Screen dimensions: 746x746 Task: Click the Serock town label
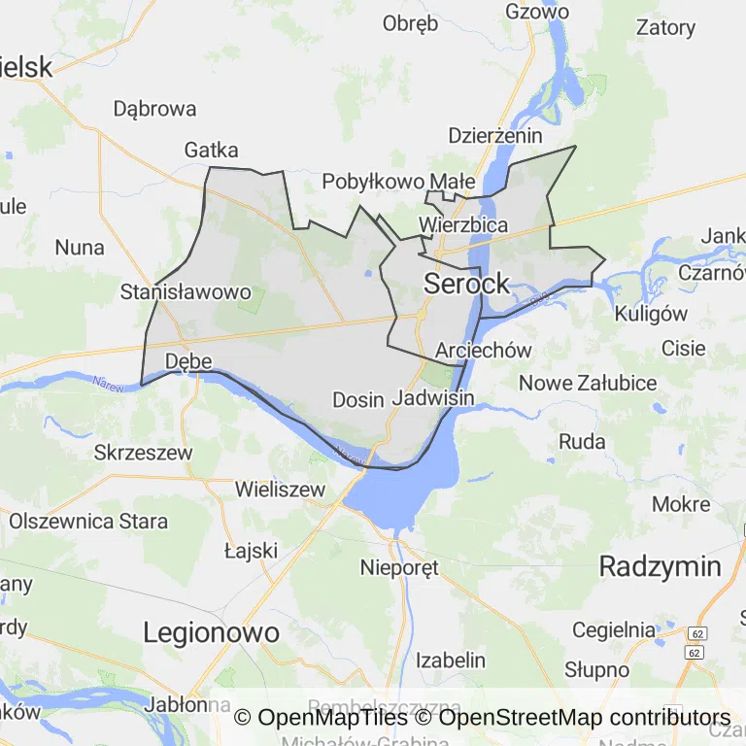466,284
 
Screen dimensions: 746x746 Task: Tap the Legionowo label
211,633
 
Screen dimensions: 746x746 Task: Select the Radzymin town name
660,567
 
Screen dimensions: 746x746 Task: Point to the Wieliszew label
280,490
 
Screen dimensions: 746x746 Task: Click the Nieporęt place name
399,566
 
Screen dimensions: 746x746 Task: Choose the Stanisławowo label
186,291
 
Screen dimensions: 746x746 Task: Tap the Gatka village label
211,150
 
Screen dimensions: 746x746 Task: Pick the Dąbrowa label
154,109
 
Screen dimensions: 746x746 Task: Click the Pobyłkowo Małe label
398,181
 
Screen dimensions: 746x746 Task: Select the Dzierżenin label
495,136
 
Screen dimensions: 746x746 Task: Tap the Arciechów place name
485,351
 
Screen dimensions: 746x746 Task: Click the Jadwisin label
433,398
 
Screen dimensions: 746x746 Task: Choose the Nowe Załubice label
588,383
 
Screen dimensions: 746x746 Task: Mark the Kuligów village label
651,314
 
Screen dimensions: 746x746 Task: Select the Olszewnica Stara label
88,521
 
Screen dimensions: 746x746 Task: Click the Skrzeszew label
144,452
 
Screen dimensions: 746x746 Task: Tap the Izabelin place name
451,661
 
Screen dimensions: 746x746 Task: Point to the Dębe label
188,361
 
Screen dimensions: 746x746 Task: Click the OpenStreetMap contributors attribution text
584,718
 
